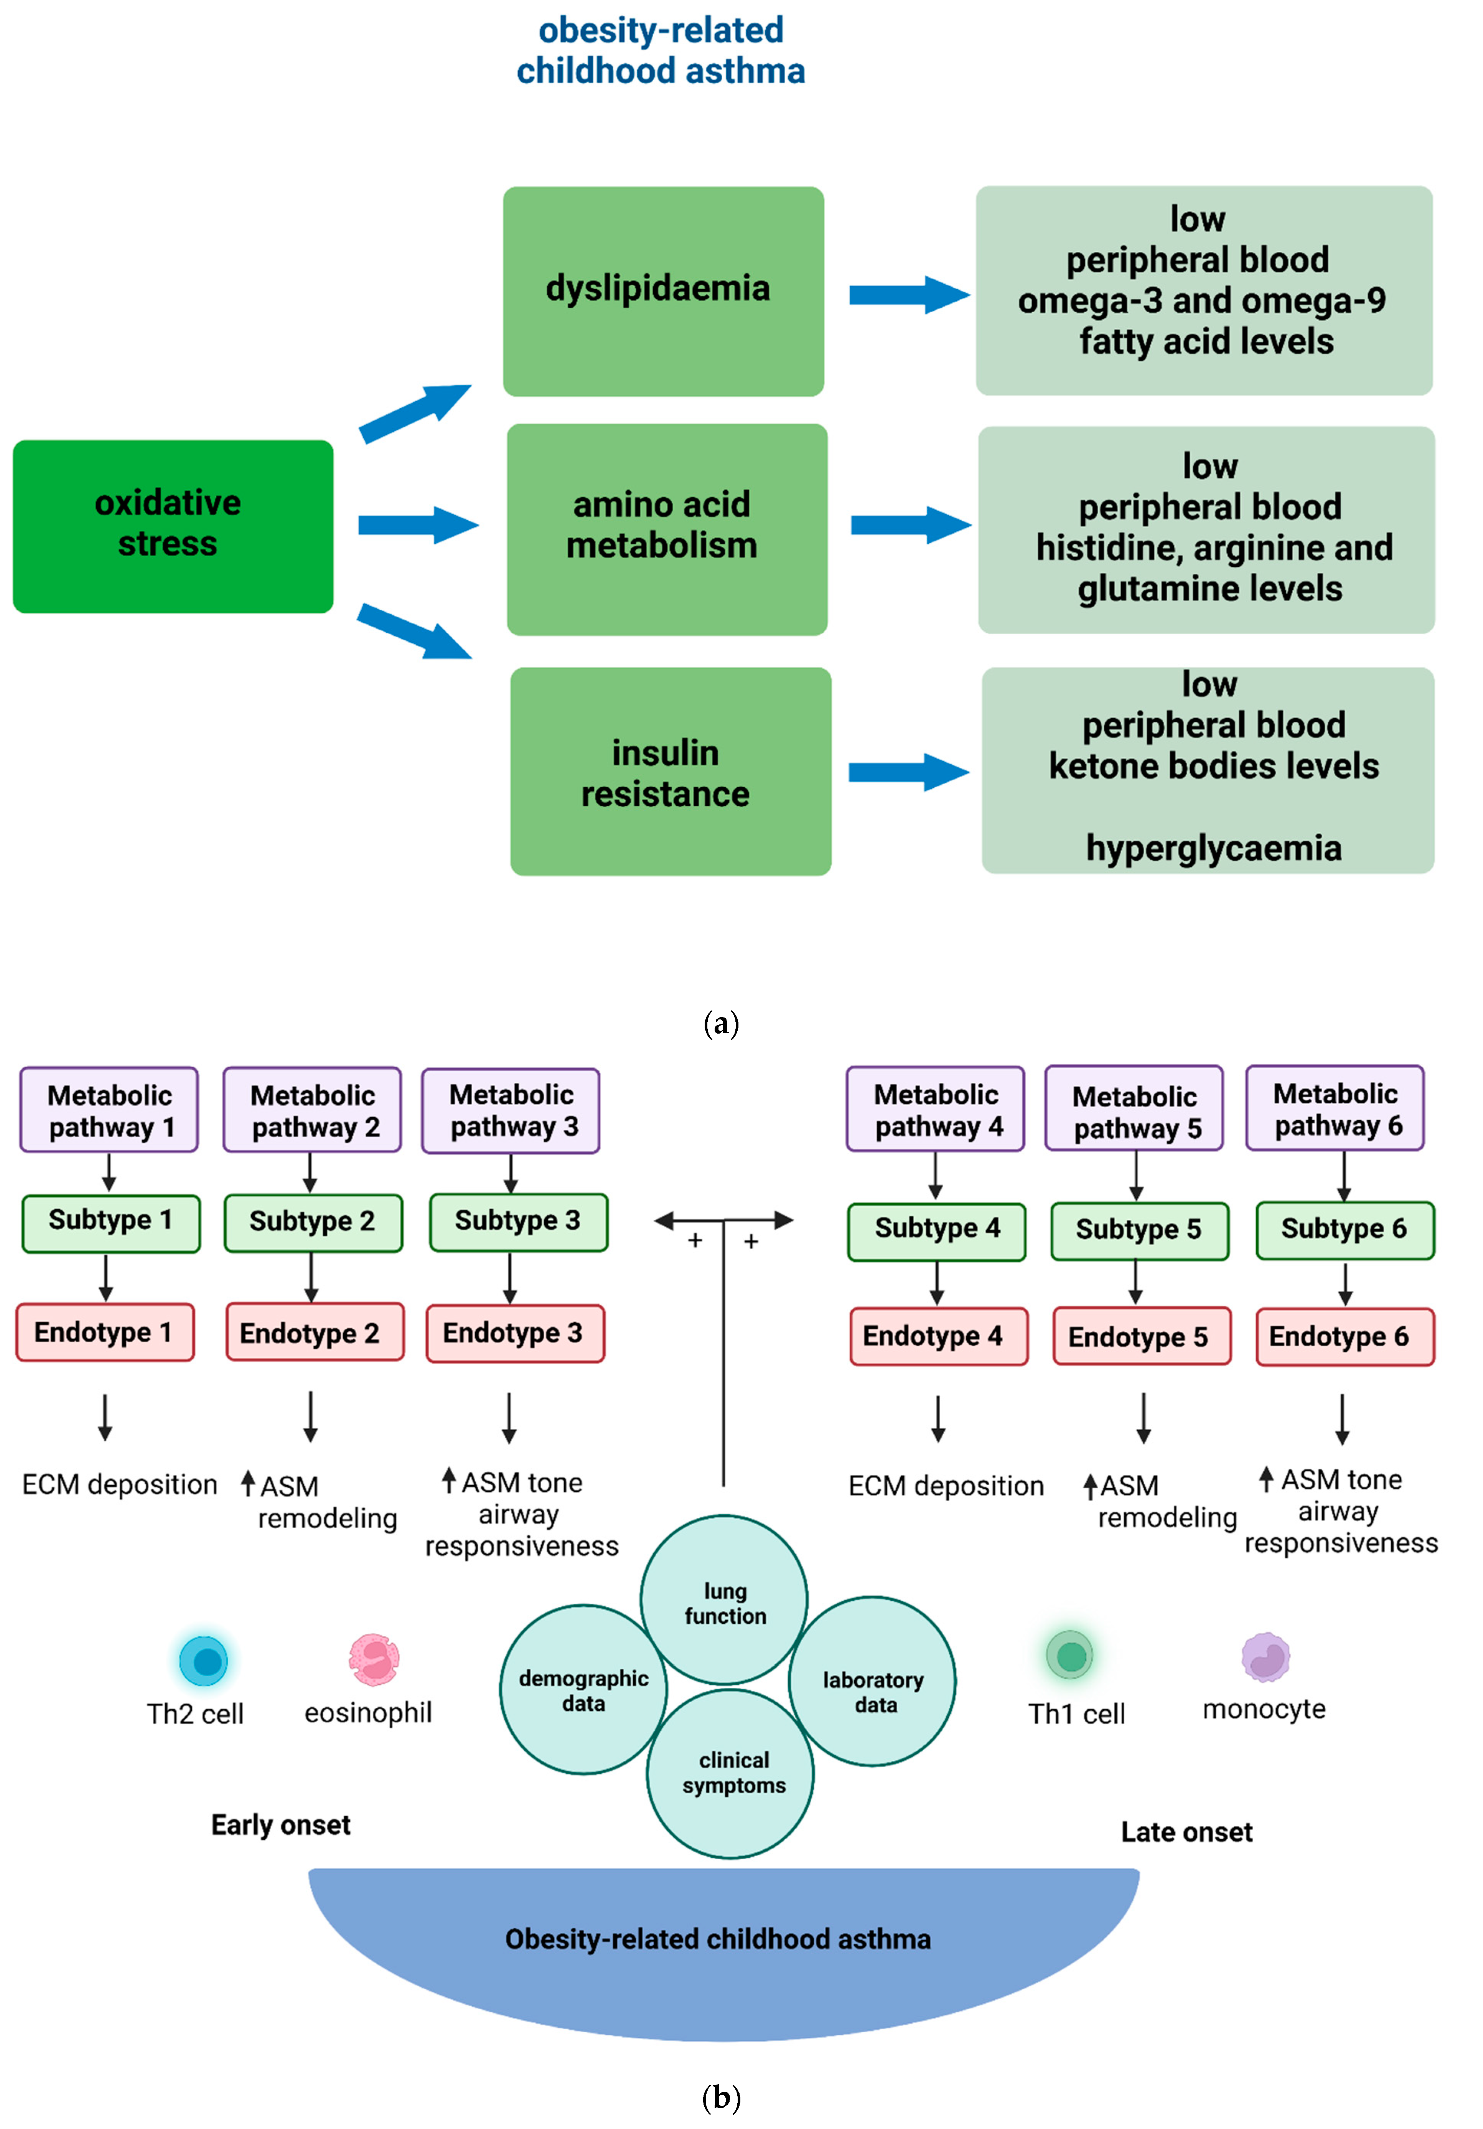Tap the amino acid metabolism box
click(x=666, y=529)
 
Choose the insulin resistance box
click(x=670, y=772)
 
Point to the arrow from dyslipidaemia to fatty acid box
click(x=908, y=295)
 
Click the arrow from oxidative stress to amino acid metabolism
click(x=417, y=525)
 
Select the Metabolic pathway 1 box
click(x=109, y=1110)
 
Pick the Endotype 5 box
click(x=1141, y=1336)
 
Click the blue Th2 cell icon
click(x=204, y=1660)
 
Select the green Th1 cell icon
click(x=1071, y=1655)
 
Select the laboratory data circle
click(x=872, y=1681)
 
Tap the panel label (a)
click(x=721, y=1024)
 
